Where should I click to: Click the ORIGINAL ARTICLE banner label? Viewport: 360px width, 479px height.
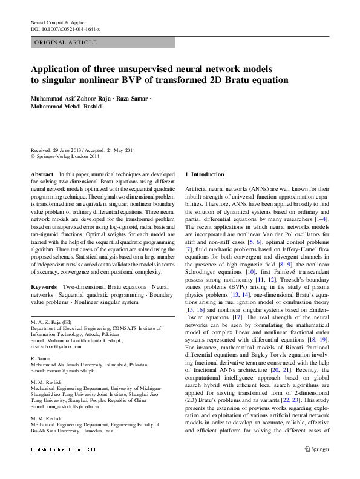pyautogui.click(x=66, y=42)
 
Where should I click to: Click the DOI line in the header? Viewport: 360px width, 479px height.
pyautogui.click(x=65, y=29)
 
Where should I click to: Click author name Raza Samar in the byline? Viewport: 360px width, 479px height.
pyautogui.click(x=131, y=98)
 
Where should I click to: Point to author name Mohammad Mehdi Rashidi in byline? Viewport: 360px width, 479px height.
pyautogui.click(x=69, y=107)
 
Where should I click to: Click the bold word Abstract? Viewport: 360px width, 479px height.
pyautogui.click(x=41, y=174)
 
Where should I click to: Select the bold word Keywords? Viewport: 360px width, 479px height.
pyautogui.click(x=44, y=285)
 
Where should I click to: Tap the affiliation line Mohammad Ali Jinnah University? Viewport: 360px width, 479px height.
pyautogui.click(x=88, y=365)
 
